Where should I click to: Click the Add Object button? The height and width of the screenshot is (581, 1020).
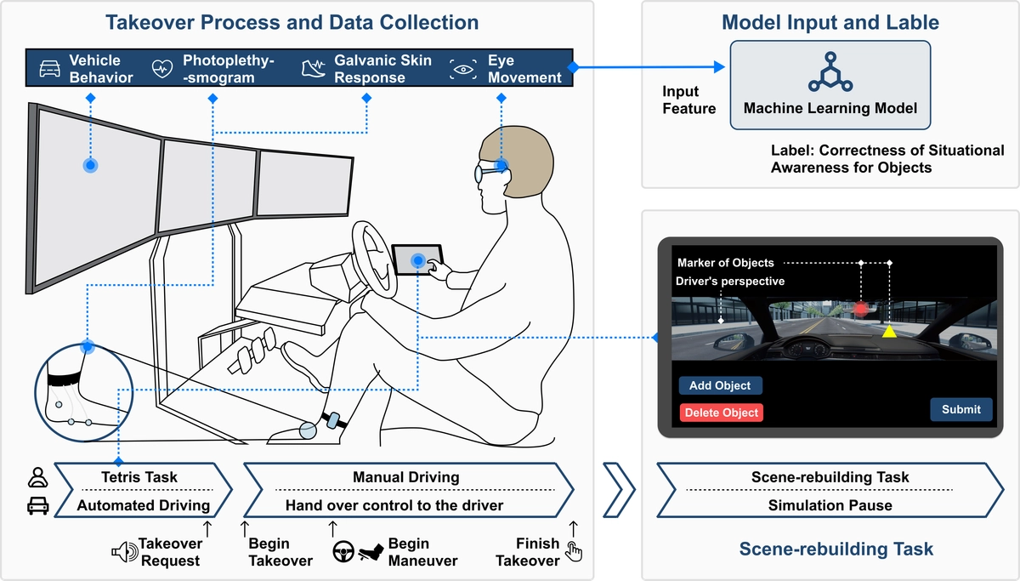coord(720,385)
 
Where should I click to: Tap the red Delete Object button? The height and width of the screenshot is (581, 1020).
coord(720,413)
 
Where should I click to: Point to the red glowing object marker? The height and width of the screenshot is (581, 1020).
coord(861,309)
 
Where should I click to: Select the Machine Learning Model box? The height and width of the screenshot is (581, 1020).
coord(830,85)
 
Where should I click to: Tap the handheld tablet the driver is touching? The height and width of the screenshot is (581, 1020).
coord(416,259)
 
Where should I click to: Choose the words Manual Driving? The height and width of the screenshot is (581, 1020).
coord(405,477)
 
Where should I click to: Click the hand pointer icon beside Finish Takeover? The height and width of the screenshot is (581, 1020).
coord(575,553)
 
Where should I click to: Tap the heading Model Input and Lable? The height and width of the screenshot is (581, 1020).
coord(830,22)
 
